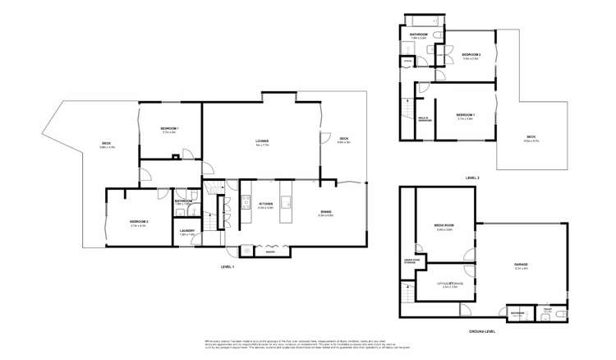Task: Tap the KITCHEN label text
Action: pos(265,204)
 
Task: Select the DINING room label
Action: pos(326,212)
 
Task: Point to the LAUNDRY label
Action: pos(186,231)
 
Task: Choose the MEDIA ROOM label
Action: pos(444,224)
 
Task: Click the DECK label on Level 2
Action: pos(531,138)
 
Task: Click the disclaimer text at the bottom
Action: pos(308,343)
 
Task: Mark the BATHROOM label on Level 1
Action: pos(183,201)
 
